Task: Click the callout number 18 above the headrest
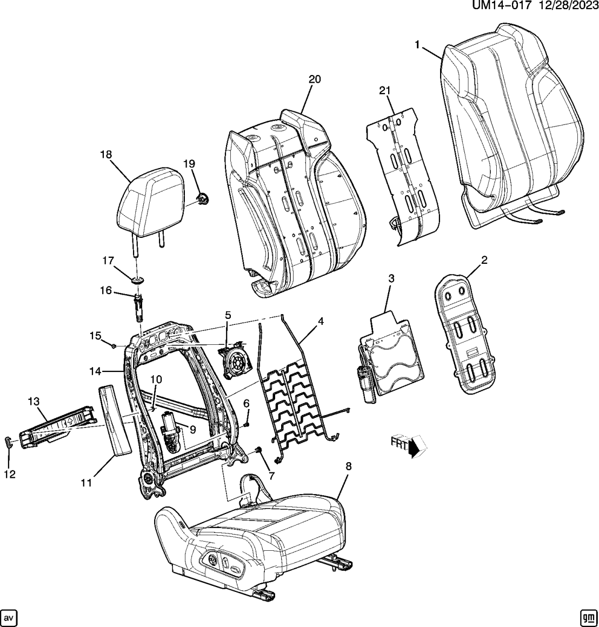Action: coord(105,155)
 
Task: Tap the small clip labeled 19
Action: coord(204,199)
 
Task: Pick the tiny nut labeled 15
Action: coord(115,344)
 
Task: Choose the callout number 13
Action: coord(34,401)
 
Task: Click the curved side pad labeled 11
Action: coord(116,421)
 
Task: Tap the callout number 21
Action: coord(384,91)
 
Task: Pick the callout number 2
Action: coord(484,260)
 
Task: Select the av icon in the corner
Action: coord(10,617)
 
